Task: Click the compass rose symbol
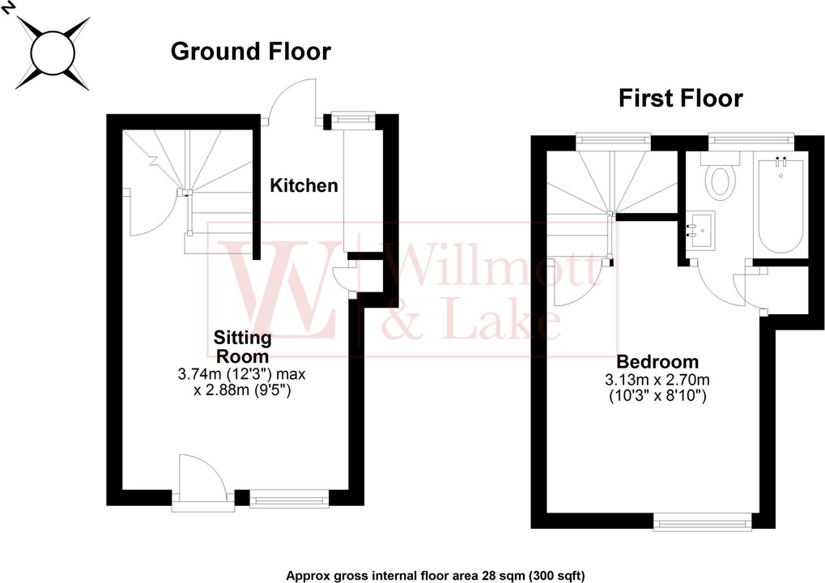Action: click(x=53, y=52)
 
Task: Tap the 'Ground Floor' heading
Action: click(x=251, y=52)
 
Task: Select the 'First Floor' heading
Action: click(x=680, y=99)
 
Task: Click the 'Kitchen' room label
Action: click(x=304, y=185)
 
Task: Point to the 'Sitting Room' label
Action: click(x=242, y=346)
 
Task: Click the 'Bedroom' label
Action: click(x=657, y=362)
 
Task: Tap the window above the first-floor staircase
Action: click(x=614, y=140)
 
